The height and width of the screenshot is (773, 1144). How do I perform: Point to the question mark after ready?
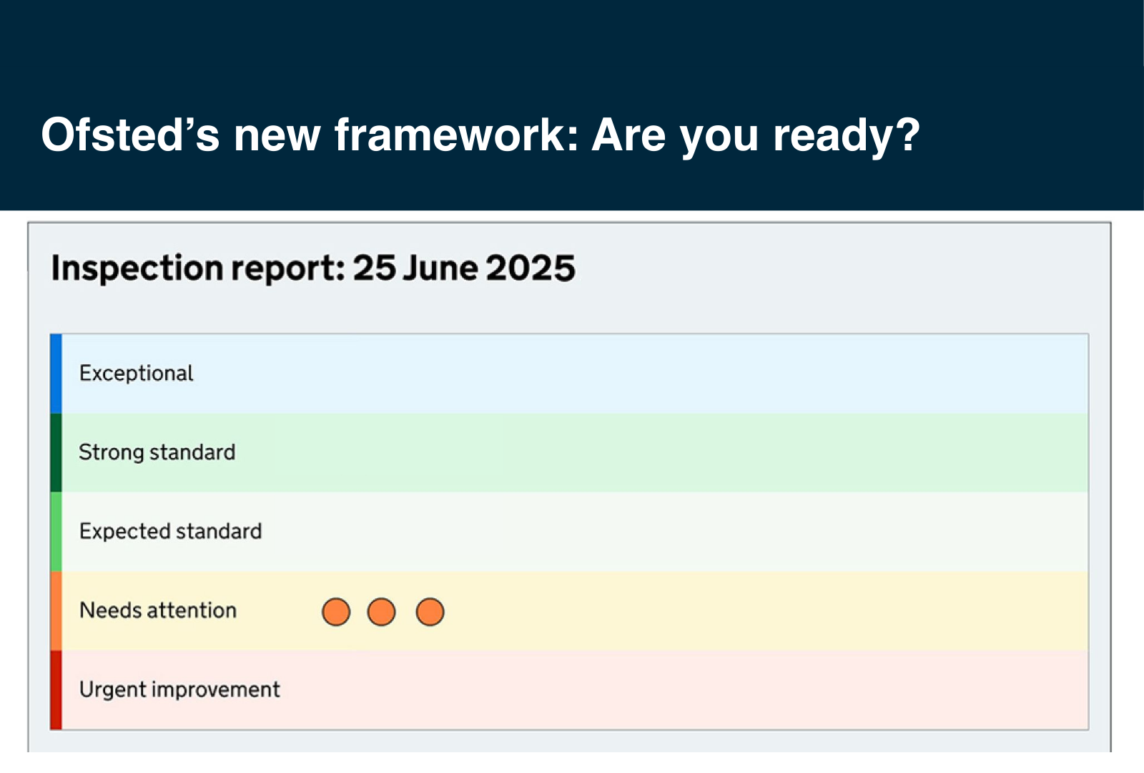907,135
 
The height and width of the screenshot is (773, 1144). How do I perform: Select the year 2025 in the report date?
531,268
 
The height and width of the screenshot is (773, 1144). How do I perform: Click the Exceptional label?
136,374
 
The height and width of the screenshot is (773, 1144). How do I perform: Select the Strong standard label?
157,452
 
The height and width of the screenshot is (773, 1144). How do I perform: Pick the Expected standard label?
170,531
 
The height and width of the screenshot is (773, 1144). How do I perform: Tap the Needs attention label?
158,611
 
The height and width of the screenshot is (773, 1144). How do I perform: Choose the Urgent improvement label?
179,689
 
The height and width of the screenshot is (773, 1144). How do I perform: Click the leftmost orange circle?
336,612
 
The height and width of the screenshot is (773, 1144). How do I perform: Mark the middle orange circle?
381,612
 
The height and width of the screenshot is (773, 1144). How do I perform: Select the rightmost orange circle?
430,612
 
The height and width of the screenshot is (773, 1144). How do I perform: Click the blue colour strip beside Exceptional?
56,374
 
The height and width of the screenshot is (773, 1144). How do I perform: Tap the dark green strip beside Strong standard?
56,452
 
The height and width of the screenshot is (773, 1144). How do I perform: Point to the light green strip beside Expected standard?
56,531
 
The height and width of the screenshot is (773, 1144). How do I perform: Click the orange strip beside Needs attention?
56,611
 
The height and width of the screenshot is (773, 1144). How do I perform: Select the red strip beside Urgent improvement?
56,689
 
